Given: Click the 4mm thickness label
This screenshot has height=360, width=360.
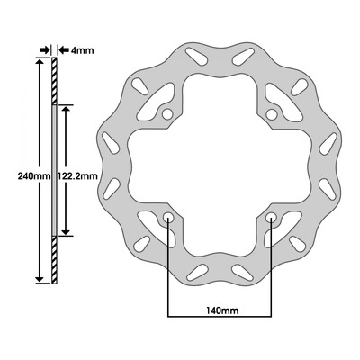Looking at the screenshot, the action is pyautogui.click(x=82, y=50).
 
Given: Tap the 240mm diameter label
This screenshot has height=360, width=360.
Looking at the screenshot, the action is pyautogui.click(x=34, y=175).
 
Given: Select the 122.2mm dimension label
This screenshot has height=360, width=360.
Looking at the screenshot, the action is pyautogui.click(x=78, y=175).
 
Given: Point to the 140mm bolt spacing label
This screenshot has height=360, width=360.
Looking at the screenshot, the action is pyautogui.click(x=222, y=310).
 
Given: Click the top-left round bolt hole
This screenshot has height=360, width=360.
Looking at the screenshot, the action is pyautogui.click(x=167, y=114).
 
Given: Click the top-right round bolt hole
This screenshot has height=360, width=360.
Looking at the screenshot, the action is pyautogui.click(x=272, y=114).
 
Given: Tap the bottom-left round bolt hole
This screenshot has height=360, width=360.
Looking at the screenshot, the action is pyautogui.click(x=167, y=218).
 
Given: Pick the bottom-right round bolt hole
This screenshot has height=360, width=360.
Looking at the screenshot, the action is pyautogui.click(x=271, y=218).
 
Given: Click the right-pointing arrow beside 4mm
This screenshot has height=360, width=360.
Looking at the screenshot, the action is pyautogui.click(x=44, y=50).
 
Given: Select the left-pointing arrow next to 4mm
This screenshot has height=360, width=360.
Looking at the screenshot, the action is pyautogui.click(x=64, y=50).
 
